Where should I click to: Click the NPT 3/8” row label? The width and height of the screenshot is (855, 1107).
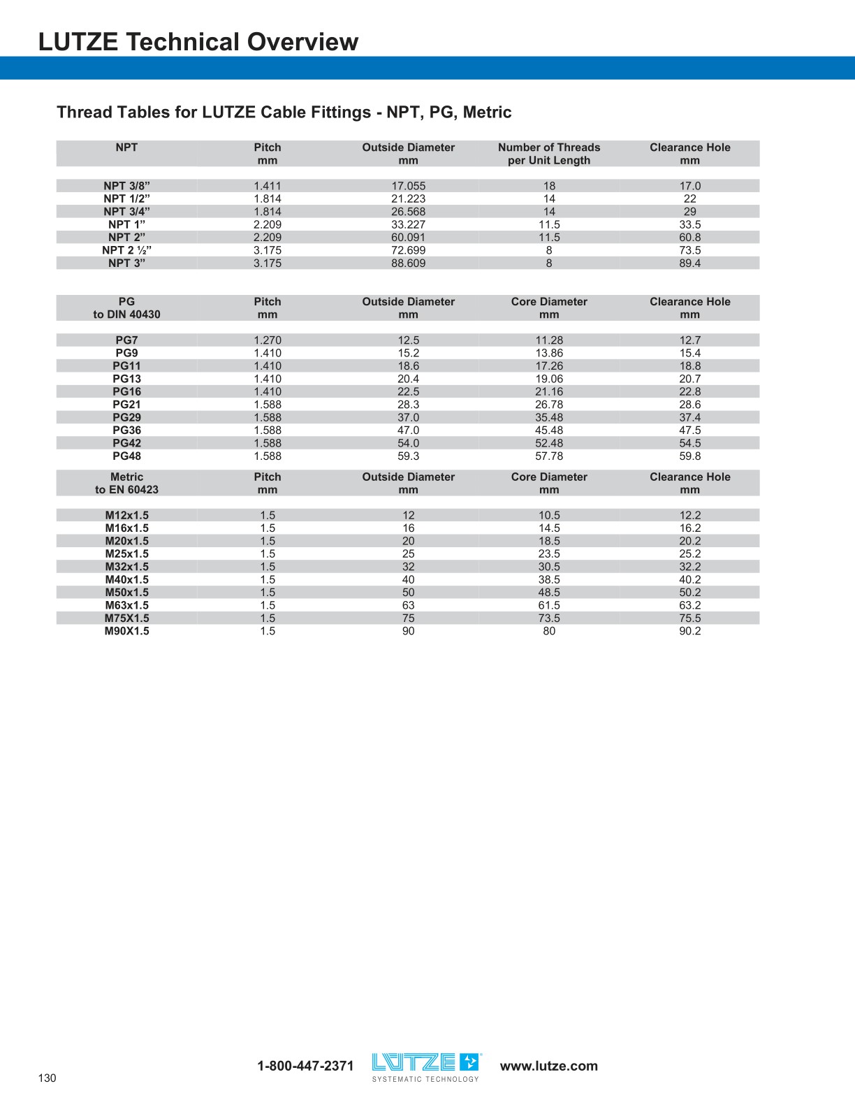126,186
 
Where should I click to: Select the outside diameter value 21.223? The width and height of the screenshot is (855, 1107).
408,198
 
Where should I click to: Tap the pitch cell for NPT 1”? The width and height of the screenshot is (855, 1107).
268,224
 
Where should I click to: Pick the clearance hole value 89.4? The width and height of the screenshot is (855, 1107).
689,263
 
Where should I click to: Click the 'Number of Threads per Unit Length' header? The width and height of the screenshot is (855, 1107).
549,154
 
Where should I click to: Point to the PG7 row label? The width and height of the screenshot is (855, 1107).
126,340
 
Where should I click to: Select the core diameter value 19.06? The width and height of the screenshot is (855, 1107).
549,379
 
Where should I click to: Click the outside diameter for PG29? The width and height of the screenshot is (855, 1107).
408,417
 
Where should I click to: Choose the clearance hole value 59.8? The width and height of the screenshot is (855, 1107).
689,456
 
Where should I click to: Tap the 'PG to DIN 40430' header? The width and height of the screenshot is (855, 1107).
126,308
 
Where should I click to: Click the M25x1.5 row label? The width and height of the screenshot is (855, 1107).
126,554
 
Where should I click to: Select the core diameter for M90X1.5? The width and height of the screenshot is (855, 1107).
549,631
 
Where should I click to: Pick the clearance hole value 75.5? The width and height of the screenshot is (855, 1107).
689,618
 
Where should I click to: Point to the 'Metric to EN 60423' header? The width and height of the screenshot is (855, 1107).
126,484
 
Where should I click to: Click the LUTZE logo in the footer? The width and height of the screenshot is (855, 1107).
426,1066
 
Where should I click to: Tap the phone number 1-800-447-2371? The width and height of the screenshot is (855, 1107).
305,1066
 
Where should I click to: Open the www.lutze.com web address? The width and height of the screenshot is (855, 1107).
549,1066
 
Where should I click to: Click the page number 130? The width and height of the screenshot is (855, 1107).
47,1078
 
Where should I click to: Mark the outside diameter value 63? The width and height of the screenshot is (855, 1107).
408,605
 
